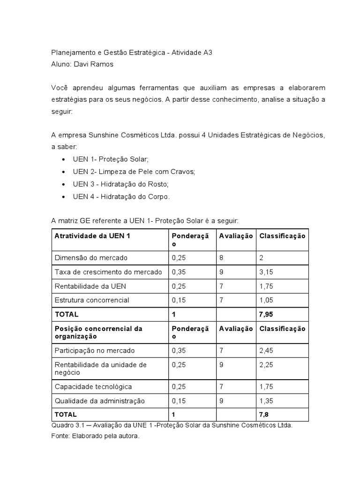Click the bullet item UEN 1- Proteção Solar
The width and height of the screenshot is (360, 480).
pyautogui.click(x=111, y=159)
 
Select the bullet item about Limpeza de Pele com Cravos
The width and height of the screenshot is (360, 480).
pyautogui.click(x=134, y=172)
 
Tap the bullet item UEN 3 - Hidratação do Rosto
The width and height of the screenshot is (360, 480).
pyautogui.click(x=120, y=184)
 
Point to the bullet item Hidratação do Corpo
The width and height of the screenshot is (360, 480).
pyautogui.click(x=121, y=196)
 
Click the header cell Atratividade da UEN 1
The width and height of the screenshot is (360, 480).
pyautogui.click(x=92, y=236)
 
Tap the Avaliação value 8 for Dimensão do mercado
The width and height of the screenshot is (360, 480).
pyautogui.click(x=222, y=258)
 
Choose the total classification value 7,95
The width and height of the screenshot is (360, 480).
pyautogui.click(x=267, y=314)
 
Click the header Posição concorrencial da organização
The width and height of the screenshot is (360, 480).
pyautogui.click(x=98, y=332)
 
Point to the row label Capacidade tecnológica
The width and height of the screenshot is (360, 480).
pyautogui.click(x=93, y=387)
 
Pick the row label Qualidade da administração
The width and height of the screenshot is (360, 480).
pyautogui.click(x=100, y=401)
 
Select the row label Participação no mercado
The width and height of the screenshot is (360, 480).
pyautogui.click(x=94, y=350)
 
